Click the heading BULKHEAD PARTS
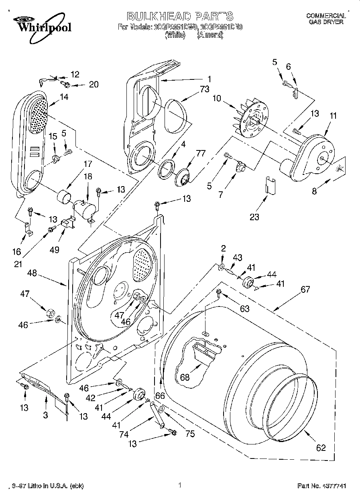tap(180, 16)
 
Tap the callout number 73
tap(204, 90)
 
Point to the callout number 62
tap(321, 448)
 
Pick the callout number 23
tap(254, 217)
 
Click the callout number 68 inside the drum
tap(185, 377)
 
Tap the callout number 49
tap(54, 250)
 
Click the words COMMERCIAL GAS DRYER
tap(325, 19)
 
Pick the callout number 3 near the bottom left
tap(45, 415)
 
